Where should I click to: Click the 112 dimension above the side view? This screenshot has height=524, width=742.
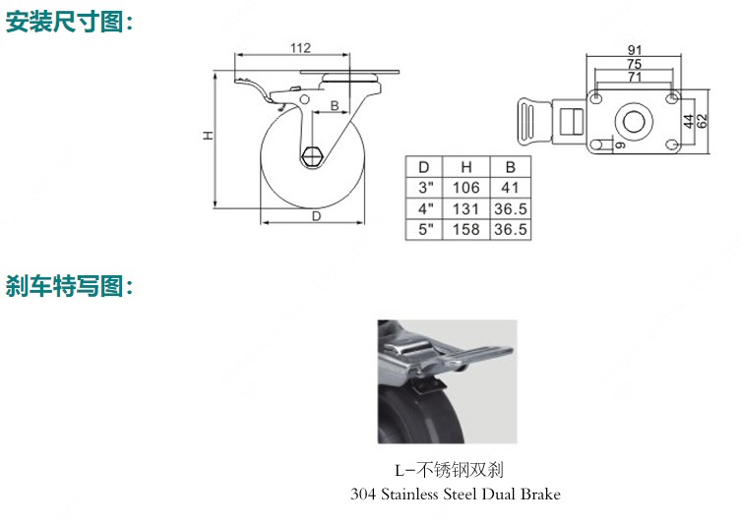point(300,48)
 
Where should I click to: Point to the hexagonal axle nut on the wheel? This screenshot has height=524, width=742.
point(312,156)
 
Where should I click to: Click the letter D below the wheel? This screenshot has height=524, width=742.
point(316,216)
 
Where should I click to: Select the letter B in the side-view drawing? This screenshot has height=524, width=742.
point(334,105)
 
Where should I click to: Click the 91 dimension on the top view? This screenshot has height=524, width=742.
point(635,50)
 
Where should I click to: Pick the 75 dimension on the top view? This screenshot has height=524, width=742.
point(634,63)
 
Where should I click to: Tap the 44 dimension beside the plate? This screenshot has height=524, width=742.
point(690,121)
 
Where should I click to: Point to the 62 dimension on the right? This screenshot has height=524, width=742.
point(703,121)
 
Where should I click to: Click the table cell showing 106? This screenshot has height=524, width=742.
point(466,188)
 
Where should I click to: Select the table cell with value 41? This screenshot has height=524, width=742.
point(510,188)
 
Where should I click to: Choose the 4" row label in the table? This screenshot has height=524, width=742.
point(425,208)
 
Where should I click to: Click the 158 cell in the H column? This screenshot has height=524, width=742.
point(466,229)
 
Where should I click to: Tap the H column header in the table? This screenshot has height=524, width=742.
point(466,167)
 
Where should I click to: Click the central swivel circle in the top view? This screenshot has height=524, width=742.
point(634,122)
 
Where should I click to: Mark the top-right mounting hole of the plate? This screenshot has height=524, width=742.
point(671,98)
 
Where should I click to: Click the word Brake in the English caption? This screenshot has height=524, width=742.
point(540,495)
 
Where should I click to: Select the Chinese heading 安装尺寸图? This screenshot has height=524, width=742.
point(64,22)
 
